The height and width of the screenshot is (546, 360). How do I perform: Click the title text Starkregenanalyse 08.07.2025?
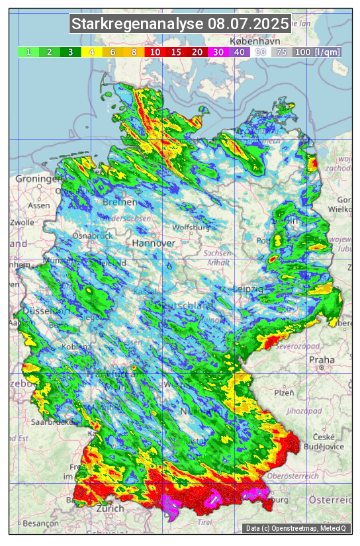180,24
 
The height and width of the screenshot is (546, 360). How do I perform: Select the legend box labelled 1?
28,52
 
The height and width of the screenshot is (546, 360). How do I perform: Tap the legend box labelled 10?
155,52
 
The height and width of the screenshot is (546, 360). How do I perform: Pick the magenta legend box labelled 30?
218,52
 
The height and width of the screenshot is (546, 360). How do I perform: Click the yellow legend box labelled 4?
92,52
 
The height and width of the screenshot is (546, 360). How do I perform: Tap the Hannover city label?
154,243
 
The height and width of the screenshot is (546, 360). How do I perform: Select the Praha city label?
322,359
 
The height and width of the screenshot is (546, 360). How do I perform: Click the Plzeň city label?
284,392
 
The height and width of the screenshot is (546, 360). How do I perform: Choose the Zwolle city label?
22,222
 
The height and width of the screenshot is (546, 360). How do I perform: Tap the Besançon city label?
40,523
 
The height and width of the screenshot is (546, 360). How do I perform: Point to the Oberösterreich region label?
293,475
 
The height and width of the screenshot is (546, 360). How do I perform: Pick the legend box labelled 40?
240,52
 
